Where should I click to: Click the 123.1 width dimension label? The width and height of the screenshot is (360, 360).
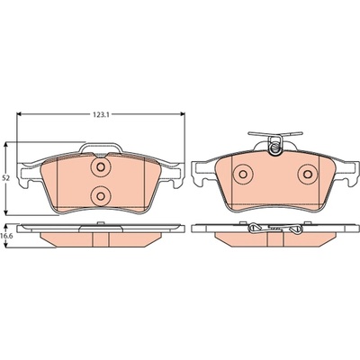click(101, 114)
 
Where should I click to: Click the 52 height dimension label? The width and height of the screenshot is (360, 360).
click(6, 178)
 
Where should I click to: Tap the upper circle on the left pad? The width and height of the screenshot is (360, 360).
click(101, 166)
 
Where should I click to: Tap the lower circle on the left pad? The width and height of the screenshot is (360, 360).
click(101, 196)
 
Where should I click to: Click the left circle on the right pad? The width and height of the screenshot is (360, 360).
click(243, 174)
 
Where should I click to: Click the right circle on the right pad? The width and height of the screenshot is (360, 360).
click(308, 174)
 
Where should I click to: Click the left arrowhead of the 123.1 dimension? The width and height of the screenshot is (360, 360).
click(19, 114)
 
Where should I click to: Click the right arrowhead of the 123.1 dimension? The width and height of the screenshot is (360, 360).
click(182, 114)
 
